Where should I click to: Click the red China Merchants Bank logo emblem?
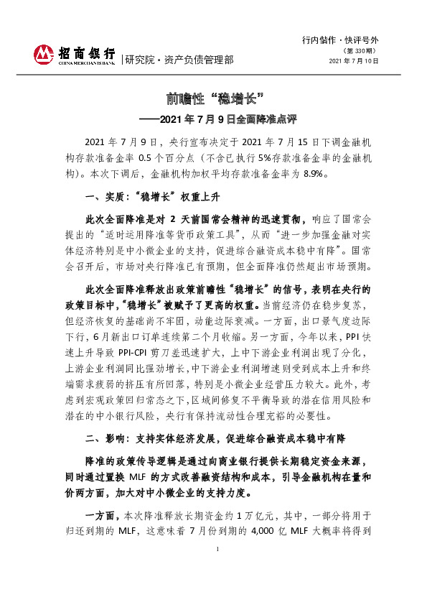point(44,55)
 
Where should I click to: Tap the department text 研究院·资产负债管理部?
point(179,60)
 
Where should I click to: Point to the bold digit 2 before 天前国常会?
point(174,218)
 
